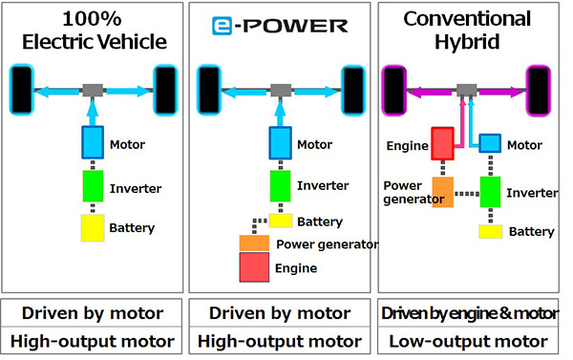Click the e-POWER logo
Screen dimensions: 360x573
280,26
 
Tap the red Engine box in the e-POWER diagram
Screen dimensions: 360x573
260,269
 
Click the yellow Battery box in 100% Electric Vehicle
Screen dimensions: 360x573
93,227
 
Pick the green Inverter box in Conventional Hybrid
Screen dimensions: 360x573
491,191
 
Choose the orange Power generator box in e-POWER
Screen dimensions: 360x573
255,244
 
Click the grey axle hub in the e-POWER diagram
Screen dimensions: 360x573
280,90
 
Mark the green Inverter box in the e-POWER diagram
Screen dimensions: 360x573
281,185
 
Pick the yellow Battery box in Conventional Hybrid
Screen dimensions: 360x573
491,231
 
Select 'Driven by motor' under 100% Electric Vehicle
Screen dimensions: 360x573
93,313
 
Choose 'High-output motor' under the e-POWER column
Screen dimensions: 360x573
280,341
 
